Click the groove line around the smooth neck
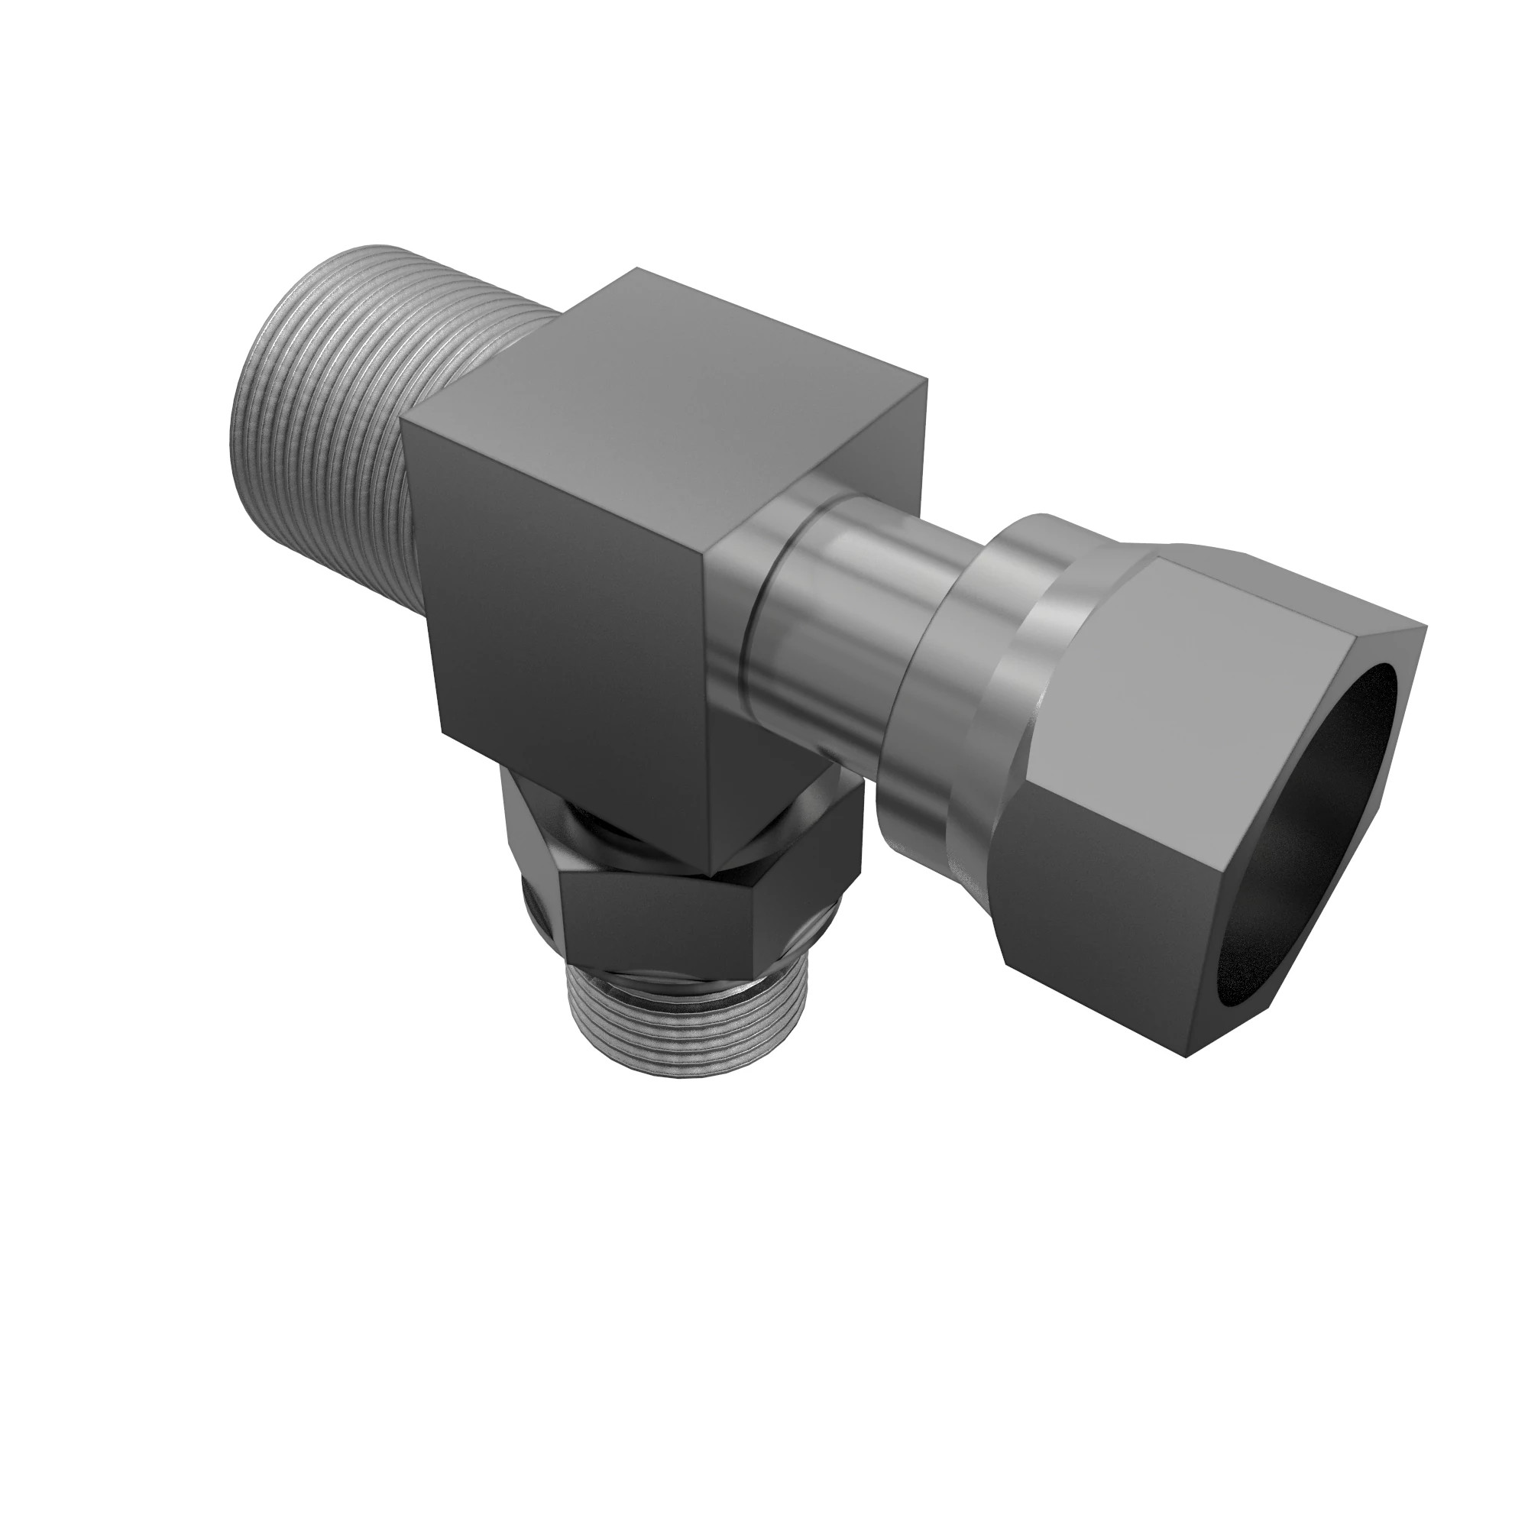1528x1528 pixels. pyautogui.click(x=747, y=633)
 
